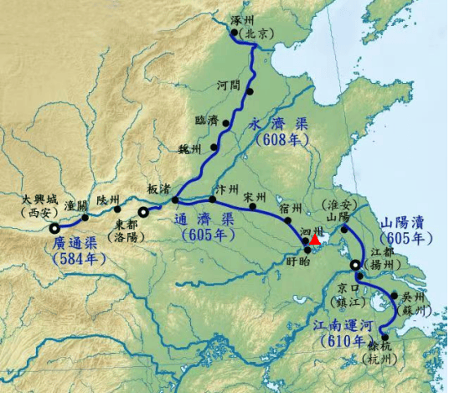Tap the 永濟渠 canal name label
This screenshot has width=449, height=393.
(280, 124)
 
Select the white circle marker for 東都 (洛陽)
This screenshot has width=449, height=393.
(144, 213)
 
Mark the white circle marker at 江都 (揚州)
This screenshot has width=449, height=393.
(355, 266)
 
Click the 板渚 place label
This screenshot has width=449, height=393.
(159, 189)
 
